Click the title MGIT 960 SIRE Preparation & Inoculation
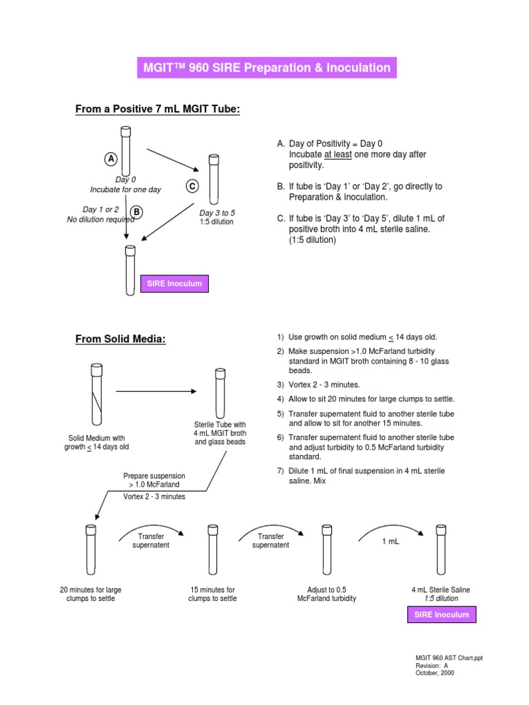[267, 68]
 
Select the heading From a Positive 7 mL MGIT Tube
[157, 109]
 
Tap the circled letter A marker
[110, 159]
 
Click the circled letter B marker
[137, 212]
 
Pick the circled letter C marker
[192, 186]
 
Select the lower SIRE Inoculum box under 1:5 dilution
[442, 615]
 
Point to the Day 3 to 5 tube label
[217, 213]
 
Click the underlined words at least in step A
[338, 155]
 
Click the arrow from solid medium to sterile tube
[155, 391]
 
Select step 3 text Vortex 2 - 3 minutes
[323, 385]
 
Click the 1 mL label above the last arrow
[392, 542]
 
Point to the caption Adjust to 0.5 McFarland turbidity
[326, 594]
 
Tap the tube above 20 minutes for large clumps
[90, 550]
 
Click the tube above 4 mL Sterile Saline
[441, 550]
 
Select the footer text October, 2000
[435, 673]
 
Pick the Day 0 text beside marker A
[125, 180]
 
